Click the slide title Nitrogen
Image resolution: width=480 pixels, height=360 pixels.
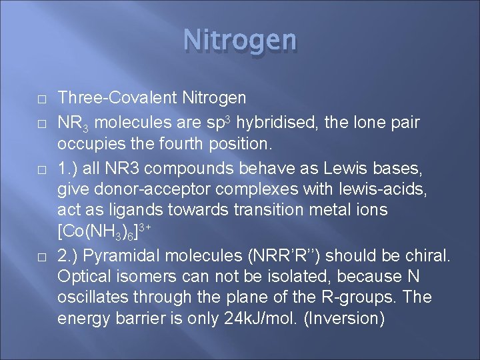tap(240, 40)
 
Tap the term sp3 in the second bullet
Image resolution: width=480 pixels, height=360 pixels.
tap(217, 123)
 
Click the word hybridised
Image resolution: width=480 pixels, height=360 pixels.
tap(269, 123)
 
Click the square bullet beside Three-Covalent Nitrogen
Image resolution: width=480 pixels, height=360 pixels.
tap(41, 99)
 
